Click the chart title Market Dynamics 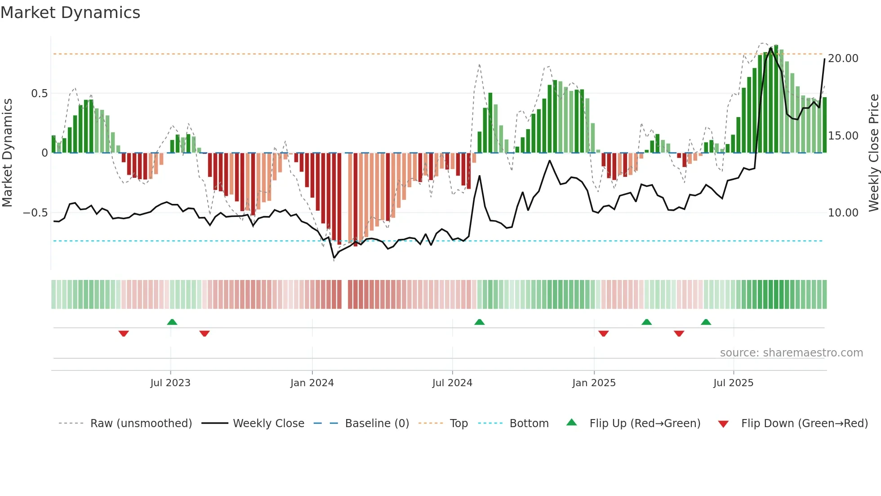point(70,13)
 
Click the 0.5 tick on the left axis point(39,94)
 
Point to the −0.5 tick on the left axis point(36,212)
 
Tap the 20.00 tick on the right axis point(843,59)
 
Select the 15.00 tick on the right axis point(843,136)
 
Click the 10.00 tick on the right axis point(843,213)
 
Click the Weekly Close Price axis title point(873,153)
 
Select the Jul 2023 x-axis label point(170,383)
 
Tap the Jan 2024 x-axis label point(312,383)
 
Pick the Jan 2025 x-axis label point(594,383)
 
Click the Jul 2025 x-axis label point(733,383)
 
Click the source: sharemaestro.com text point(791,353)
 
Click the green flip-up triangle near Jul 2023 point(172,322)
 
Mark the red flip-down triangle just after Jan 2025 point(604,334)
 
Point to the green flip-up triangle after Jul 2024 point(480,322)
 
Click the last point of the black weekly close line point(824,59)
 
